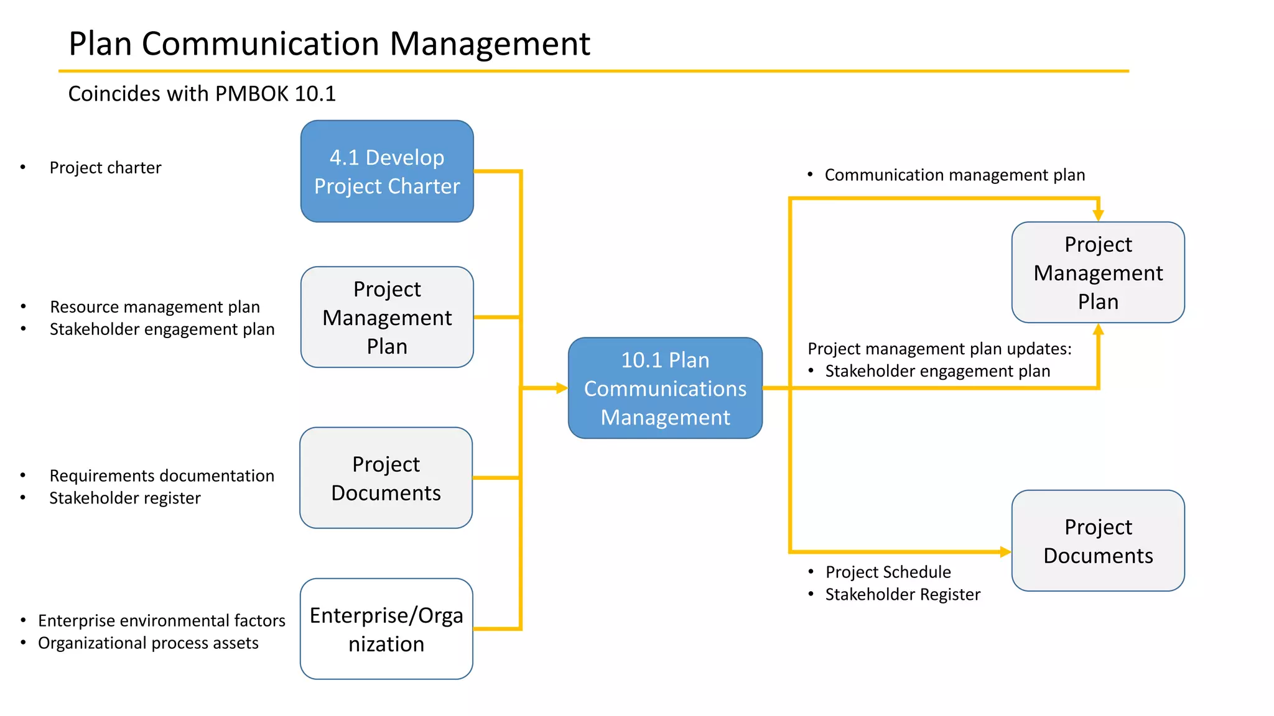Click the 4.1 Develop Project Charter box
coord(387,172)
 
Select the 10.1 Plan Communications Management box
coord(665,388)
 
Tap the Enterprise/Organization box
coord(386,629)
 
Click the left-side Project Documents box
coord(386,478)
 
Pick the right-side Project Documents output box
coord(1098,541)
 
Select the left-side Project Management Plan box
coord(387,317)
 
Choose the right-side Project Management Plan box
coord(1098,272)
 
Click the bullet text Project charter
coord(105,168)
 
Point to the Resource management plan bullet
coord(155,307)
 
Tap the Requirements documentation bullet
coord(162,476)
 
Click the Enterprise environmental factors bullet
coord(162,621)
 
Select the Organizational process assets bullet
coord(148,643)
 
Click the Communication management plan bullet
coord(954,175)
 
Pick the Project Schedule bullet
coord(888,572)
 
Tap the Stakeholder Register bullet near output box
coord(903,595)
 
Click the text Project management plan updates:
coord(939,349)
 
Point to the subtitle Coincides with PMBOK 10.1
coord(202,94)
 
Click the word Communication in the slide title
coord(260,44)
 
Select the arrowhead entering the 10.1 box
coord(562,388)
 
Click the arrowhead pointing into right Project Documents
coord(1005,552)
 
